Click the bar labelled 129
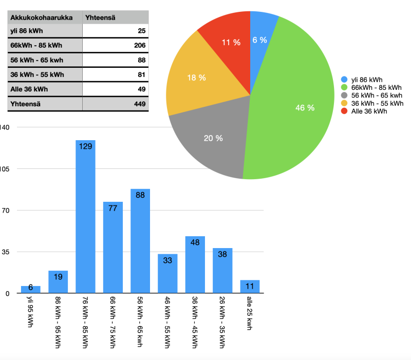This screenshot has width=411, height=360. (x=85, y=216)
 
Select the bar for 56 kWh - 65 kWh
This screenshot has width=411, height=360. (x=140, y=241)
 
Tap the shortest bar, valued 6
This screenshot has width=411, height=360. (x=31, y=290)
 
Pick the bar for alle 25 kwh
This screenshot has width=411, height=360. (x=250, y=287)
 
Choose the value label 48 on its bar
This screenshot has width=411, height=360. (x=195, y=242)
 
